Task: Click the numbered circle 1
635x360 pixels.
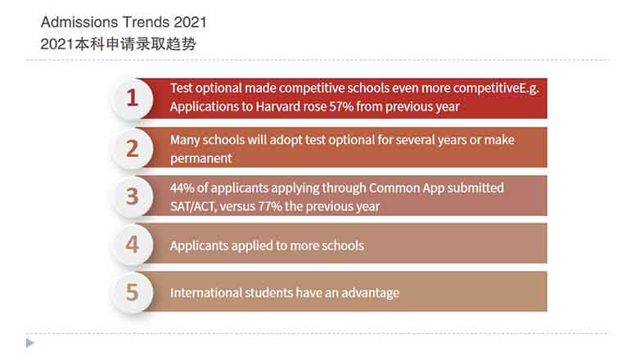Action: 132,98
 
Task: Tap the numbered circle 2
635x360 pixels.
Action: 132,148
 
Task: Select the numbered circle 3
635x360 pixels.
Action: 132,196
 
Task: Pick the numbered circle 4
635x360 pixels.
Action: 132,245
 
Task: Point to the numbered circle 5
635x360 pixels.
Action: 132,292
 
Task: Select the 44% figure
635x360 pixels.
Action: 182,188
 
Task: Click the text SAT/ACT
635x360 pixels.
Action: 193,206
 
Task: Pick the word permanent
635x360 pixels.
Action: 200,159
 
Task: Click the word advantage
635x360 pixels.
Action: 370,293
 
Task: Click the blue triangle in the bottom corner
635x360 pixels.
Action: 30,343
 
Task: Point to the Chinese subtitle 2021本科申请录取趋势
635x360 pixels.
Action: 118,43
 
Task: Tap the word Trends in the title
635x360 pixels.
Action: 146,22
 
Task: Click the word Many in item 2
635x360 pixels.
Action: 185,141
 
